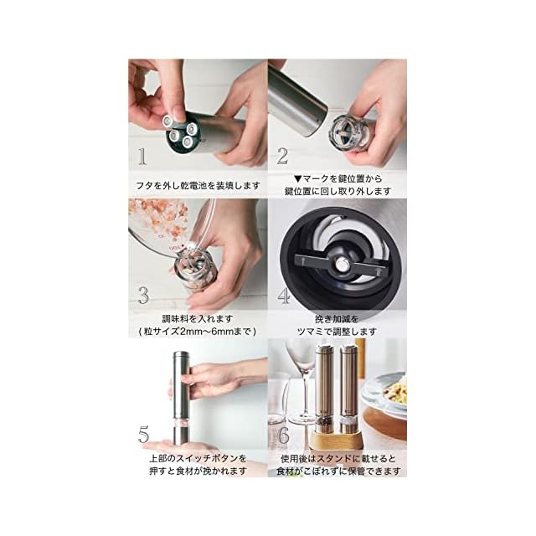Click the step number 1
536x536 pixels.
pyautogui.click(x=142, y=157)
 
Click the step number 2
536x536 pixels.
pyautogui.click(x=282, y=157)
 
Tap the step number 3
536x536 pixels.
pyautogui.click(x=143, y=296)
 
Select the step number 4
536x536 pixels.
pyautogui.click(x=283, y=296)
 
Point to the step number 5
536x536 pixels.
pyautogui.click(x=144, y=435)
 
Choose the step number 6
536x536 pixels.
pyautogui.click(x=284, y=435)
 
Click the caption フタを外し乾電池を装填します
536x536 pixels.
pyautogui.click(x=198, y=186)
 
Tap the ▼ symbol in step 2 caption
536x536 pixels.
pyautogui.click(x=298, y=178)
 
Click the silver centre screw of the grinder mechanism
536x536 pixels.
pyautogui.click(x=342, y=263)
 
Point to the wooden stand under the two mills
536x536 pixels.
pyautogui.click(x=337, y=441)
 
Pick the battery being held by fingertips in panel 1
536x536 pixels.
pyautogui.click(x=171, y=121)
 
